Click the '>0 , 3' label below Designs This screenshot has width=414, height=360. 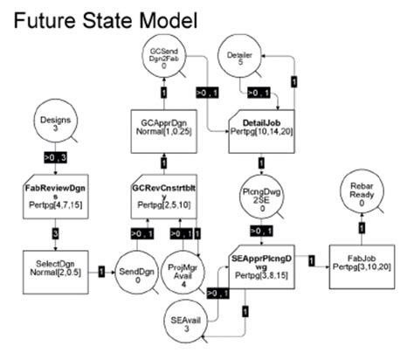55,157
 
